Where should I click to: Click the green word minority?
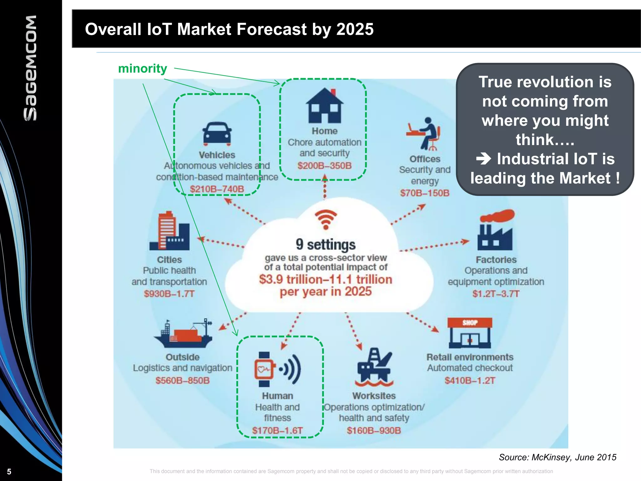[x=142, y=69]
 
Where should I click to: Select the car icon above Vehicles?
[x=217, y=134]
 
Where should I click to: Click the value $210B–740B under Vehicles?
[x=217, y=189]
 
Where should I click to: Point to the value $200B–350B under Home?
[x=325, y=166]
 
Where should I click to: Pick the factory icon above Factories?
[x=496, y=230]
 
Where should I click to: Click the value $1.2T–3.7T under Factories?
[x=496, y=294]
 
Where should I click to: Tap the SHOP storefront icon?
[x=469, y=333]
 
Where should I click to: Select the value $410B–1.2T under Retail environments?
[x=470, y=380]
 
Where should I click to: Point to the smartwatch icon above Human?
[x=265, y=370]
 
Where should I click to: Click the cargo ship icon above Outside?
[x=183, y=334]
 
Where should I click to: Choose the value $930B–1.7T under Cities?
[x=169, y=294]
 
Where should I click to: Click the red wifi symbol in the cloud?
[x=326, y=219]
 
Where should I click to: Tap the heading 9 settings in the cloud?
[x=326, y=245]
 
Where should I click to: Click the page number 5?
[x=9, y=472]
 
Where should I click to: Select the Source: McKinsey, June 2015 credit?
[x=557, y=457]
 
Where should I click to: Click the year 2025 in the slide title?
[x=355, y=29]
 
